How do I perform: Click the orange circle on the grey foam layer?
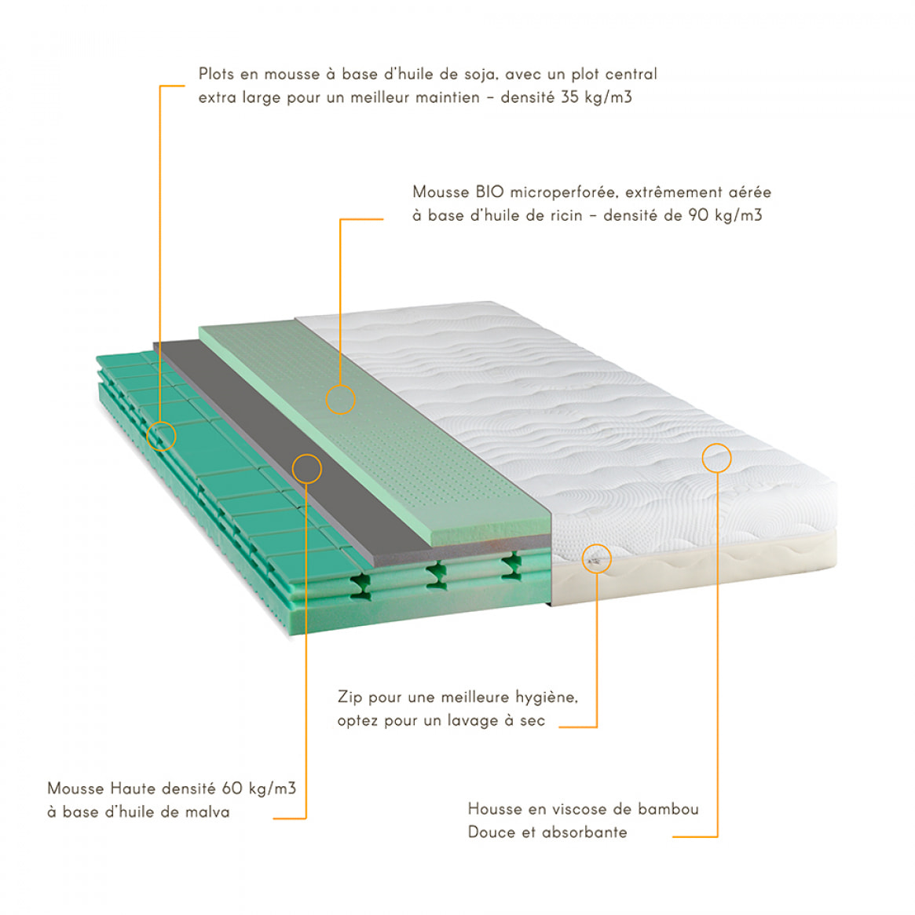point(306,455)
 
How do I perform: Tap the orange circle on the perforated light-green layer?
point(340,385)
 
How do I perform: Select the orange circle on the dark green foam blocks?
point(161,422)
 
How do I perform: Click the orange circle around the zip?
point(596,544)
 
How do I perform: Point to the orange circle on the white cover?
point(716,444)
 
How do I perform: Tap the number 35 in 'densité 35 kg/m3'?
point(569,97)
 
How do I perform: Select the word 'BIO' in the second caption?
point(489,192)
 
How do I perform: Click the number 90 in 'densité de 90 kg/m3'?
point(698,215)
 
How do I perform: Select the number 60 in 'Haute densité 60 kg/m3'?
point(232,789)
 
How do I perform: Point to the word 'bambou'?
point(668,809)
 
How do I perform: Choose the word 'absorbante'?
point(584,832)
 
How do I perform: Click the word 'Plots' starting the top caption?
point(216,74)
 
